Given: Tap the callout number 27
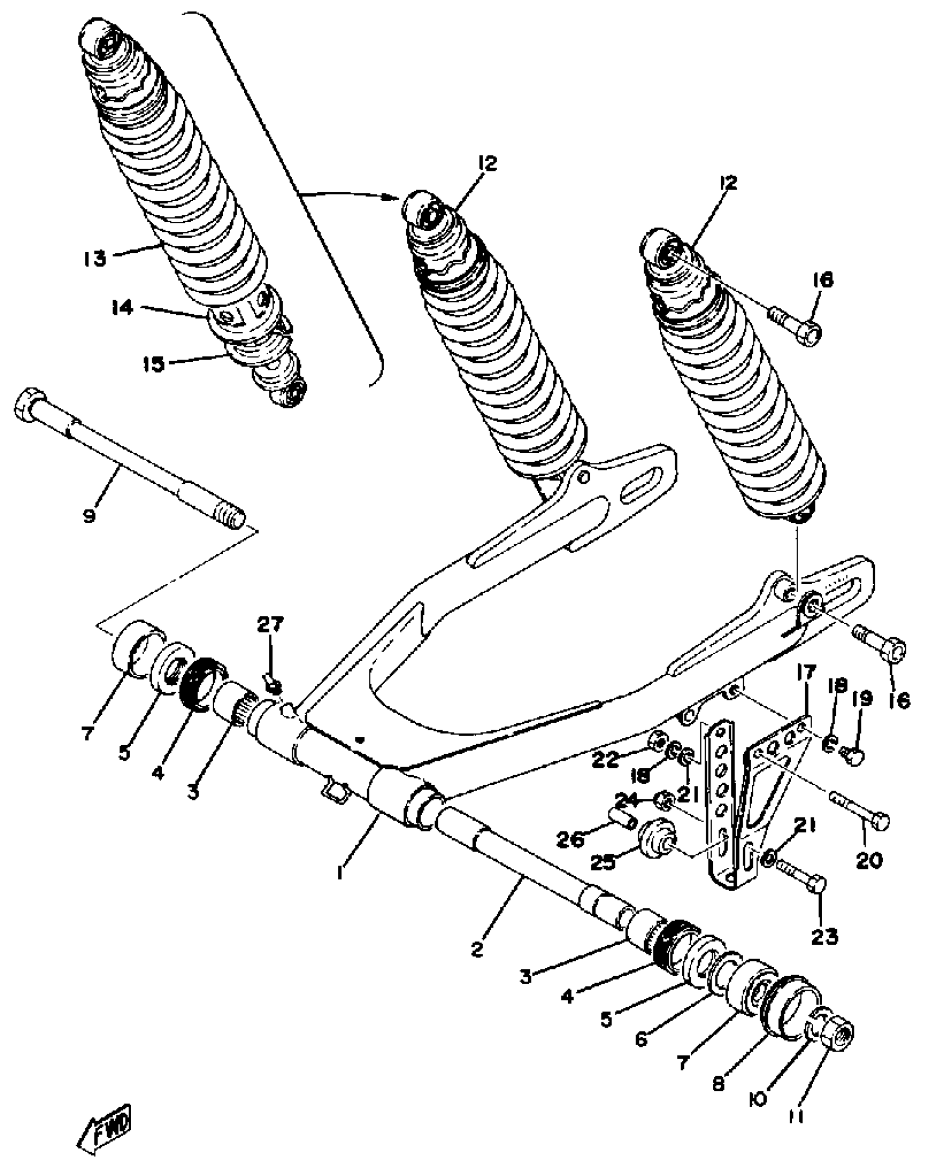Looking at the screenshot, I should [270, 625].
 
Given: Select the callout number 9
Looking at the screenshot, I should [89, 515].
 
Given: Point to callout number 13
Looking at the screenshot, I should [95, 258].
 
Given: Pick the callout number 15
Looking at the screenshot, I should [153, 363].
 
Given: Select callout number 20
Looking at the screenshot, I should [869, 860].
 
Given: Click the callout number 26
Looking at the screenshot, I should [569, 840].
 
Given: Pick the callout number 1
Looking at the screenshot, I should [341, 874].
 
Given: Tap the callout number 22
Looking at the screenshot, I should [606, 759].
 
